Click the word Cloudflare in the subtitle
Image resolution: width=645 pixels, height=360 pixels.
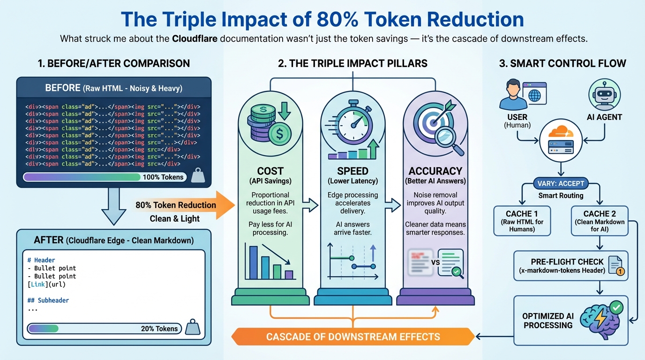click(195, 38)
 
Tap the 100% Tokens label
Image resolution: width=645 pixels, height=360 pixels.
click(163, 177)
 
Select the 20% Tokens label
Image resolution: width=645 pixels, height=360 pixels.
click(159, 329)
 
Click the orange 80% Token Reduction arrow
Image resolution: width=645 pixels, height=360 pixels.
click(184, 205)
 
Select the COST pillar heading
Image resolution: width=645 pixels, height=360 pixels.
click(270, 171)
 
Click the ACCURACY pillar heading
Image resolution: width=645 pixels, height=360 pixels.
click(435, 171)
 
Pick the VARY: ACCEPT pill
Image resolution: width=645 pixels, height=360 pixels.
click(561, 183)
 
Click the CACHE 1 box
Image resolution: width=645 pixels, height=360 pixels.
click(522, 221)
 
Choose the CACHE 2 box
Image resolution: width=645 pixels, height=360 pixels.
click(600, 221)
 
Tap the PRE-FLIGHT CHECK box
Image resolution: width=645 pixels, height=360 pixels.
click(571, 265)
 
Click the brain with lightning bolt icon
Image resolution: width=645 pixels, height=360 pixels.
click(600, 321)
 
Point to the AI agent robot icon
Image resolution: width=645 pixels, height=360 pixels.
click(604, 95)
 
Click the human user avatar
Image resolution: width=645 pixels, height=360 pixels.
click(513, 95)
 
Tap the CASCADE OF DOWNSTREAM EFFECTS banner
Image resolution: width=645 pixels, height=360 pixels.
click(353, 337)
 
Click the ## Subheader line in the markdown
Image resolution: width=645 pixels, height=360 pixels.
click(48, 300)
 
